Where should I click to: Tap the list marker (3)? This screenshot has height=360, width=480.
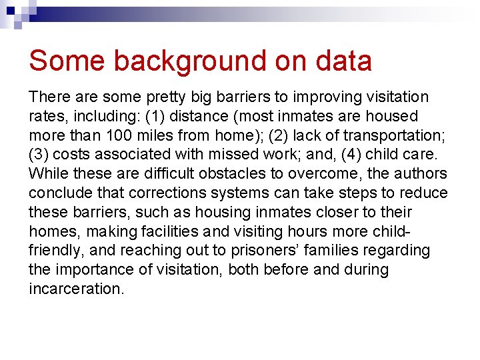(x=38, y=155)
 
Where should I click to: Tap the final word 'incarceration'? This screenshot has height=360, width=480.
(x=75, y=289)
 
